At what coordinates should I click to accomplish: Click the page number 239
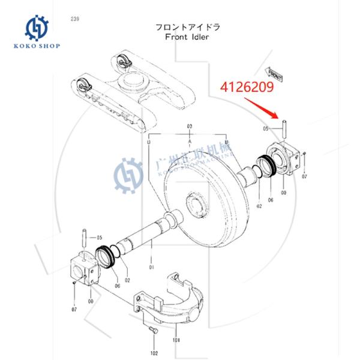74,19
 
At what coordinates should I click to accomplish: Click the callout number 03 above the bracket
190,127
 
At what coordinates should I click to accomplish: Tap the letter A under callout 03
190,139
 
